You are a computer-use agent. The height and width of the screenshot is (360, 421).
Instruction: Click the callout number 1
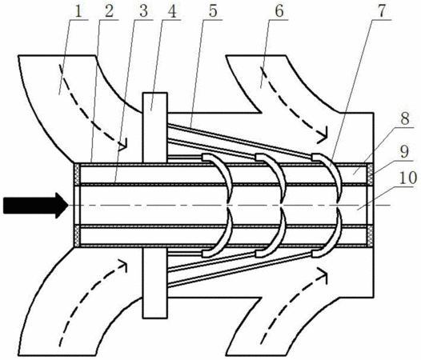coord(78,12)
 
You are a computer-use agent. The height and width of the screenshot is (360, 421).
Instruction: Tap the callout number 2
coord(110,12)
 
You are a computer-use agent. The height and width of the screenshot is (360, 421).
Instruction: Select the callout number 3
coord(143,12)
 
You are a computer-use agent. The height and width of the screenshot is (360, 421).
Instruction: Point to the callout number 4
coord(172,12)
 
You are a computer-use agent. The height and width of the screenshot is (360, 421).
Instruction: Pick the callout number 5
coord(213,12)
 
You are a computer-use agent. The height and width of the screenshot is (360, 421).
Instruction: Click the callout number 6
coord(279,12)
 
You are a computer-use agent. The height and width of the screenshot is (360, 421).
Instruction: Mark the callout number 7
coord(382,11)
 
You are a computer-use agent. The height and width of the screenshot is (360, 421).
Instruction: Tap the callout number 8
coord(405,119)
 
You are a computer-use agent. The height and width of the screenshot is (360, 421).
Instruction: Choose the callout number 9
coord(404,152)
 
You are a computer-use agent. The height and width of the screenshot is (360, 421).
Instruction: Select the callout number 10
coord(408,178)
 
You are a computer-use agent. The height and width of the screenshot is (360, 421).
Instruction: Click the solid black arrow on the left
coord(36,206)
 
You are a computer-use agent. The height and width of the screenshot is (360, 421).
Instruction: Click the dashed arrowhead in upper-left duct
coord(123,145)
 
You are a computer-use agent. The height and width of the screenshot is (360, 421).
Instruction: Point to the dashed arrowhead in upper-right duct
coord(323,134)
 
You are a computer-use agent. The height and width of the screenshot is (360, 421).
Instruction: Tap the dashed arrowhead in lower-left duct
coord(122,266)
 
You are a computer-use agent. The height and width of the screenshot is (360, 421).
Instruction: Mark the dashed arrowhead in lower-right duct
coord(323,274)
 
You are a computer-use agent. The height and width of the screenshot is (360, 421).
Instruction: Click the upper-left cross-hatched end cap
coord(77,174)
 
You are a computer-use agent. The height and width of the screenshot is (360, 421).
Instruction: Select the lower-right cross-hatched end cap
coord(371,236)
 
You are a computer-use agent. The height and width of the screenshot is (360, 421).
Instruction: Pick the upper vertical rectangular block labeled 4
coord(155,128)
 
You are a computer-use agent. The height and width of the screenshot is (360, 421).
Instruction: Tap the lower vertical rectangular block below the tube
coord(155,283)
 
